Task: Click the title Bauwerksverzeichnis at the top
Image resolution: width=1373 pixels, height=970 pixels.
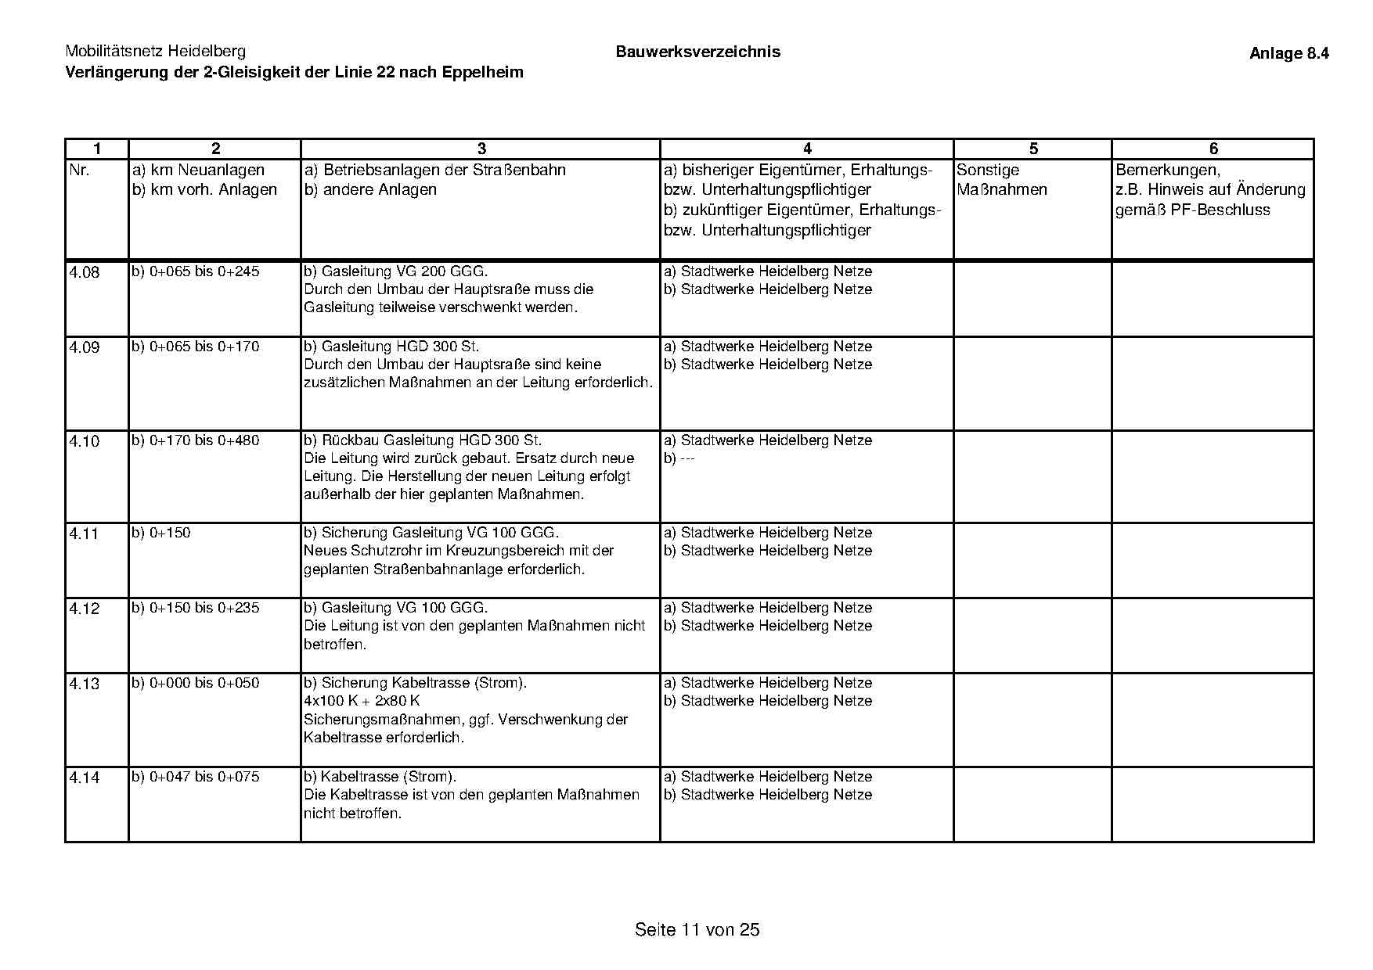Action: tap(697, 52)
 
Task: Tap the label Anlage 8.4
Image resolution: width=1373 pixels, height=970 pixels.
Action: tap(1288, 53)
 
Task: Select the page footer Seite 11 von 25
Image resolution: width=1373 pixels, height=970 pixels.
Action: tap(697, 929)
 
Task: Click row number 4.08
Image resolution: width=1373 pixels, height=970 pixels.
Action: tap(85, 273)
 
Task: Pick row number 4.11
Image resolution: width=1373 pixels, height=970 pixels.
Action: tap(85, 534)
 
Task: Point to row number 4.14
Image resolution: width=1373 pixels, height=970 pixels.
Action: tap(85, 778)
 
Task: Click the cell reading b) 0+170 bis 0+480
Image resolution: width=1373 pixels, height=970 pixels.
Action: tap(196, 440)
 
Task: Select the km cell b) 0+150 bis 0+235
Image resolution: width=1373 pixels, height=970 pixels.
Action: tap(196, 608)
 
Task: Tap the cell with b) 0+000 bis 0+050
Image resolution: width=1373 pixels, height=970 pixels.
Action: tap(196, 683)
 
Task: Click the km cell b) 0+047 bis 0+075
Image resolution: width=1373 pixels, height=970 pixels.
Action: tap(196, 777)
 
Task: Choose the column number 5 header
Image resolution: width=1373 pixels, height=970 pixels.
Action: tap(1032, 149)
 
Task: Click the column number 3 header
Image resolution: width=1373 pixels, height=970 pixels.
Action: tap(481, 149)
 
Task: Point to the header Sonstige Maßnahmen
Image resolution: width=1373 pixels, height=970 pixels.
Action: tap(1001, 180)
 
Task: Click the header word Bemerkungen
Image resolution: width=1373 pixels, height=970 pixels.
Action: tap(1167, 170)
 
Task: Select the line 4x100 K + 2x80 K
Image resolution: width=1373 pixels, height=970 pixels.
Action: tap(362, 701)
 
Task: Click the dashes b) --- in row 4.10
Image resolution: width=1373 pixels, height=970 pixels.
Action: tap(679, 458)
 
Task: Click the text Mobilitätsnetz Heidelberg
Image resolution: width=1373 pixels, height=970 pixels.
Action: tap(155, 52)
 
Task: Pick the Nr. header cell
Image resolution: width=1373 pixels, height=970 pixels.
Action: tap(80, 170)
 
